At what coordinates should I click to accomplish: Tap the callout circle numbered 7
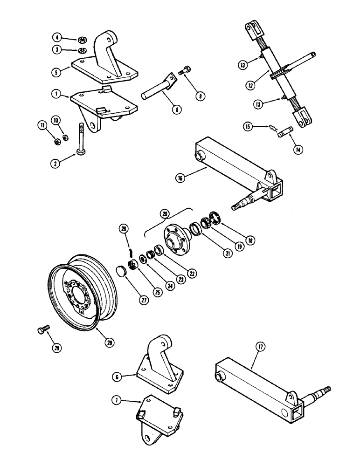click(x=116, y=400)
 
